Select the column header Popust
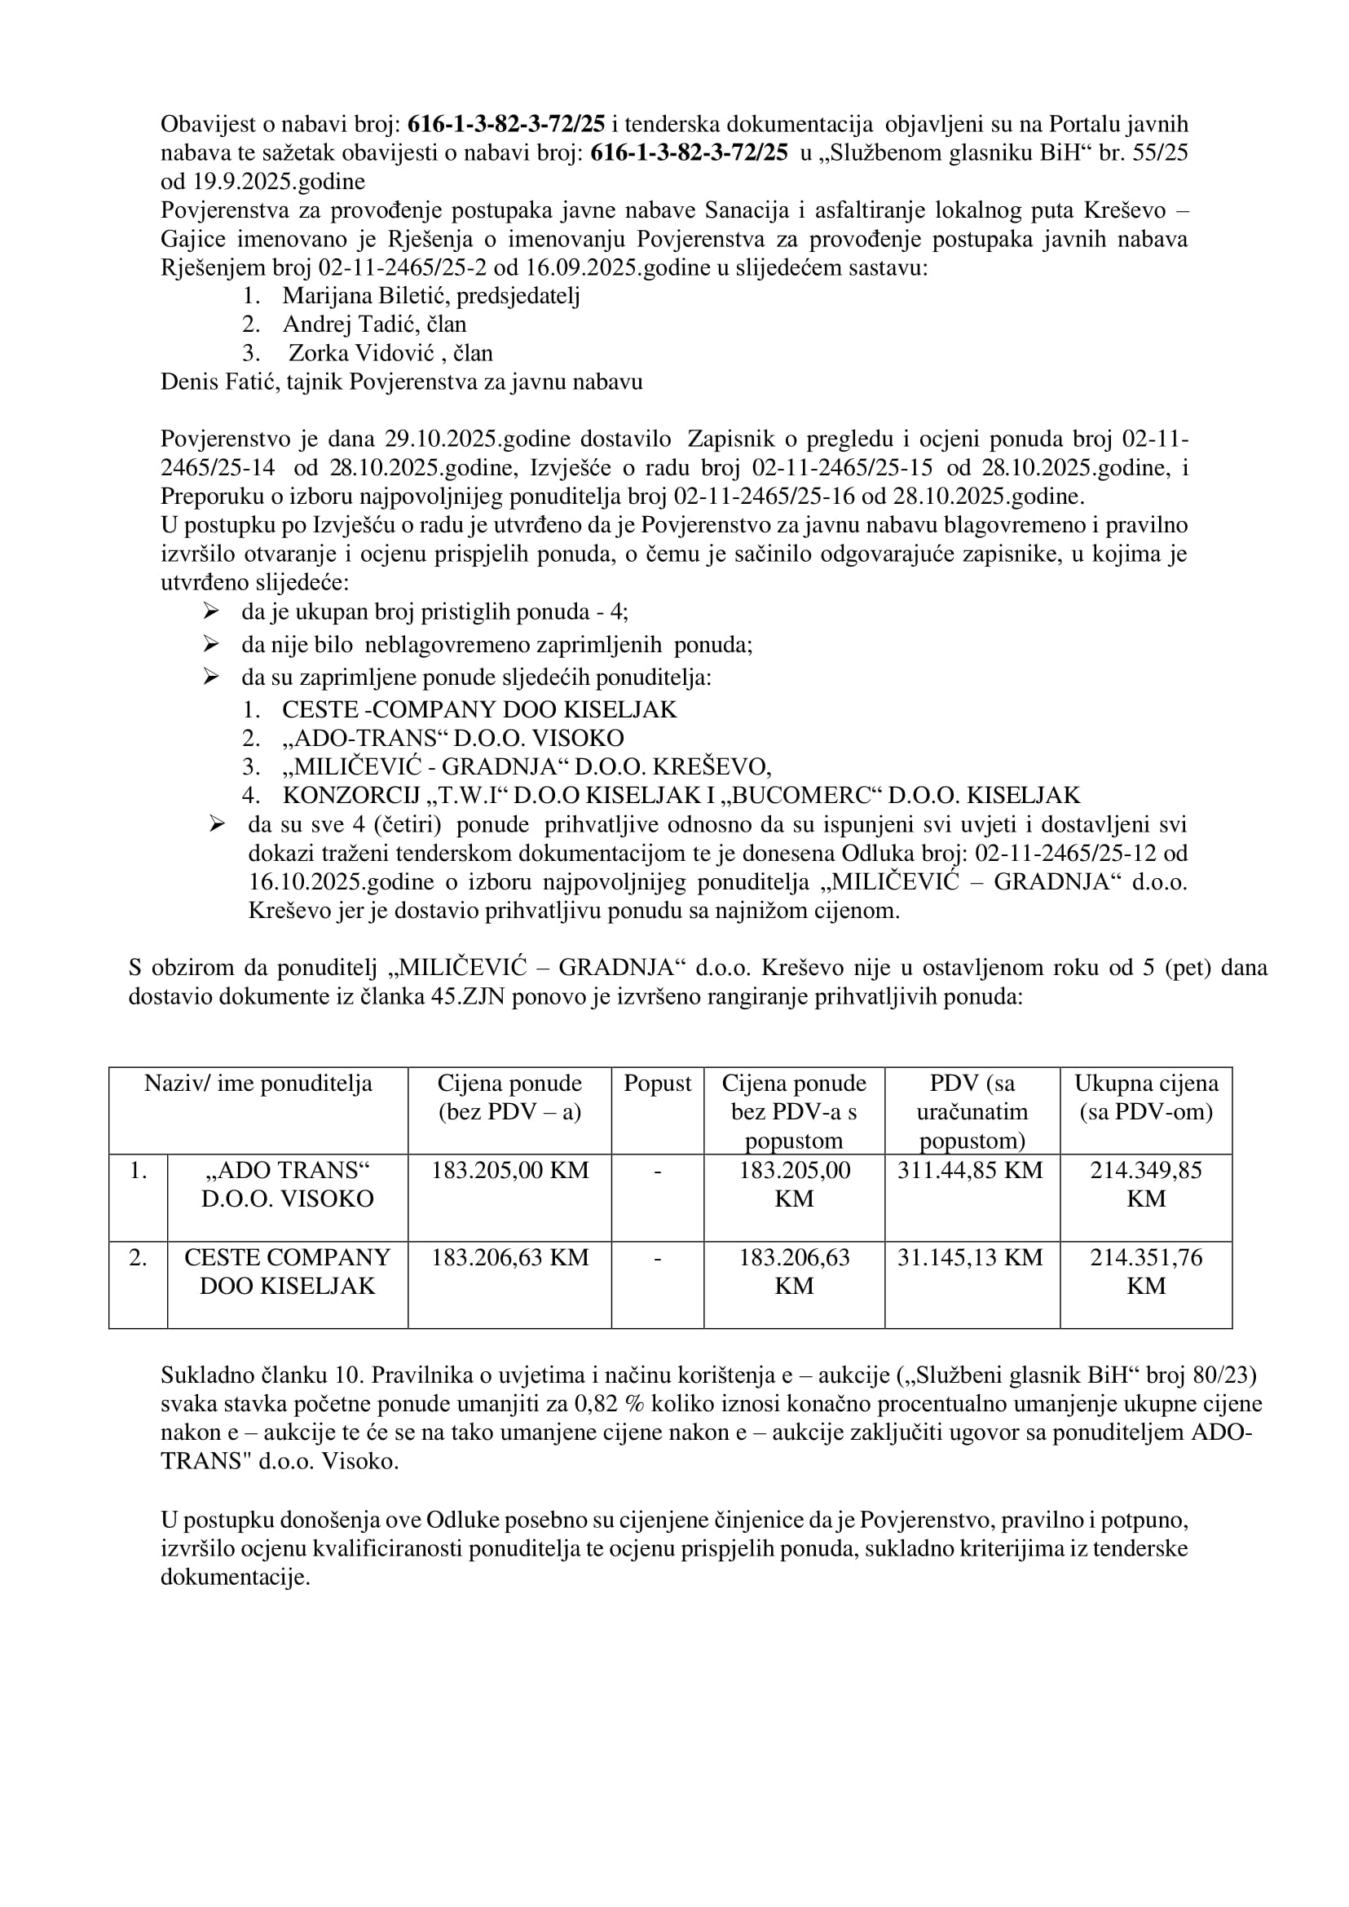657,1084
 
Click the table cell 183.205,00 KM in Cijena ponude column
509,1171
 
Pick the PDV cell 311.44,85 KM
970,1171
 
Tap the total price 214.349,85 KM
1145,1184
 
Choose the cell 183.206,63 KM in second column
509,1258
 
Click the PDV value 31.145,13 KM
970,1258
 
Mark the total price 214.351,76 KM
1145,1271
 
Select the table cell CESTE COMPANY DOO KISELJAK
288,1271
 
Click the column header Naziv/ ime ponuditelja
258,1084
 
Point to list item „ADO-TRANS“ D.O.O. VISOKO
452,739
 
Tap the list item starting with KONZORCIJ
681,795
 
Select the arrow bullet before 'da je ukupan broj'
211,612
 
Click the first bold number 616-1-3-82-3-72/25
507,125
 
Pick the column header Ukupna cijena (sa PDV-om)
1145,1097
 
